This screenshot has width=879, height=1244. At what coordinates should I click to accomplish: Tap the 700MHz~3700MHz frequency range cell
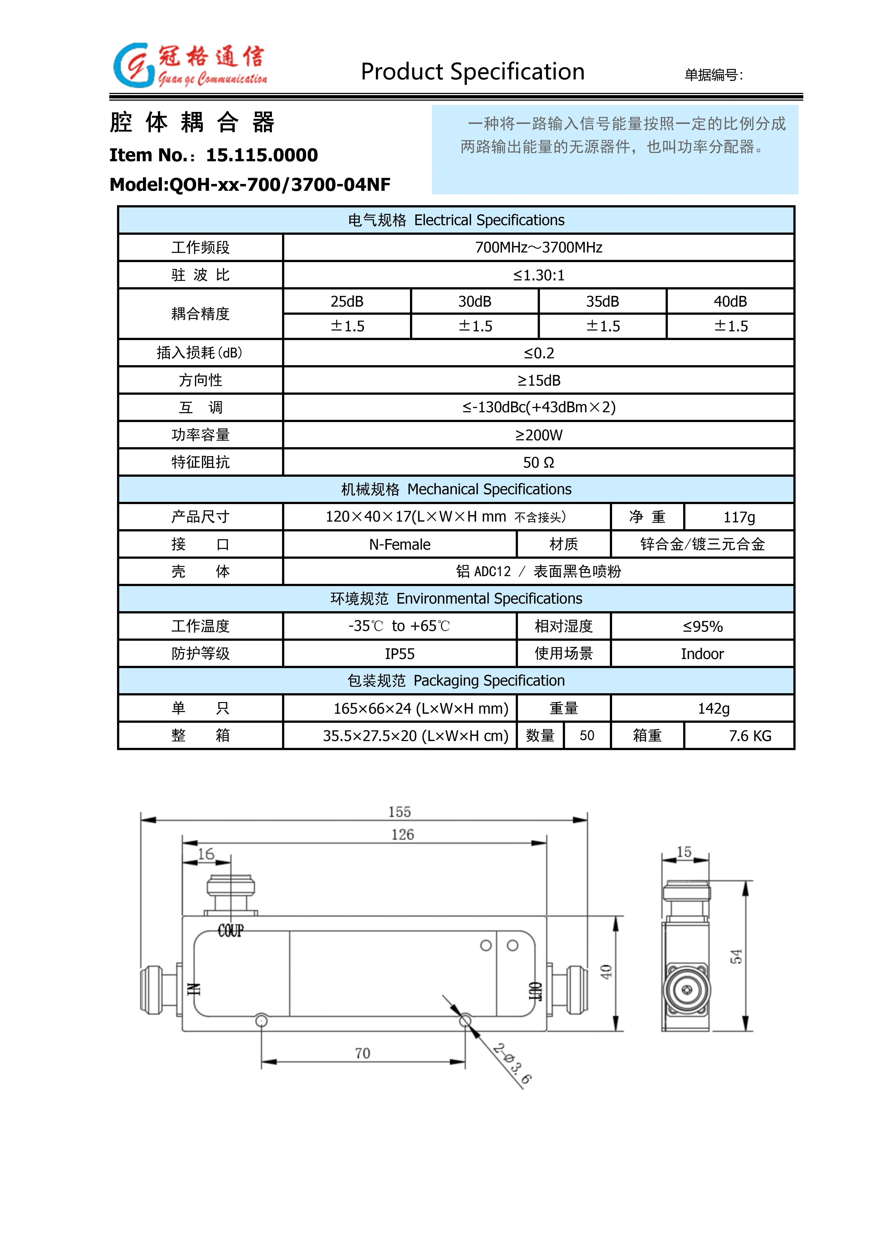(538, 248)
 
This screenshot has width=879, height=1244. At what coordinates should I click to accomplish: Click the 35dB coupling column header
(602, 301)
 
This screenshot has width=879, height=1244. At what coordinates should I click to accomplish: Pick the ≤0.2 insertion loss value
(538, 353)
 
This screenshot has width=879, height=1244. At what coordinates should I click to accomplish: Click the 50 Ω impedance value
(538, 462)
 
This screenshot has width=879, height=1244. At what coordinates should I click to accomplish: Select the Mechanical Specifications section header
(456, 489)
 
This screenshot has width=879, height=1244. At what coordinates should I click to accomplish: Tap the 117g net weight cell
(739, 517)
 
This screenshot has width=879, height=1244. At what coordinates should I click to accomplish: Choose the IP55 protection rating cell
(400, 654)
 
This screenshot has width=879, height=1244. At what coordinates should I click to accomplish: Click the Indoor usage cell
(702, 654)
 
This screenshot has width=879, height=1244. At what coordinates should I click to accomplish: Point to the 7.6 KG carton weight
(750, 736)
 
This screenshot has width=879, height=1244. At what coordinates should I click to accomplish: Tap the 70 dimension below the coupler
(362, 1053)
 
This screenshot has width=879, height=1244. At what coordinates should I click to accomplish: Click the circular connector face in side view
(686, 990)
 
